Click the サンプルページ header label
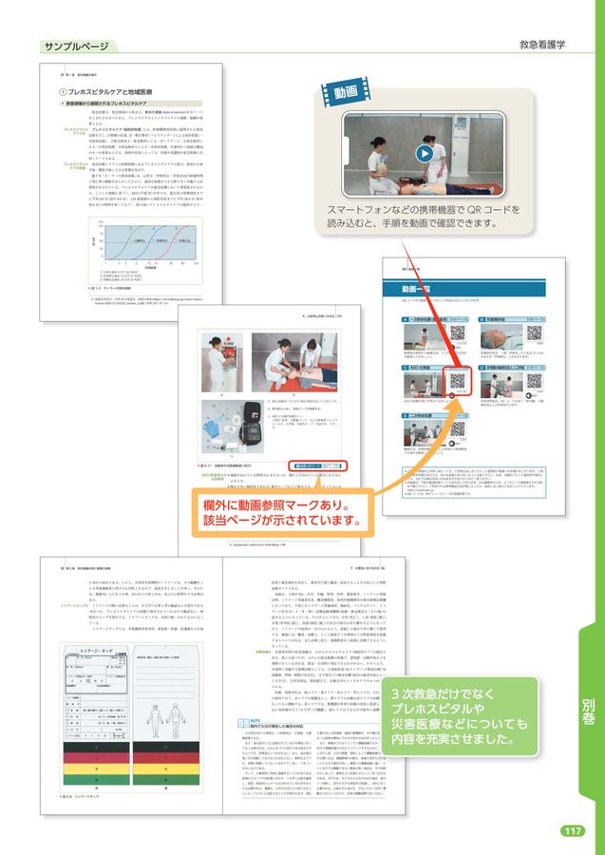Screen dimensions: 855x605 [x=77, y=46]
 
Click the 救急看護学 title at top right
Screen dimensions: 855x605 [x=542, y=45]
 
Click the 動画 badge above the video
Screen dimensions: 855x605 [x=346, y=93]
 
